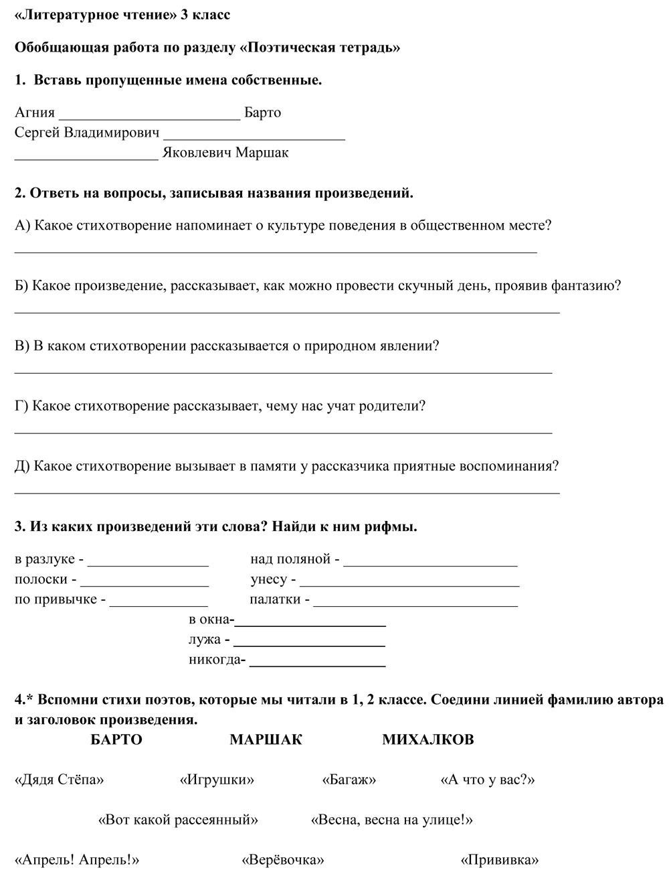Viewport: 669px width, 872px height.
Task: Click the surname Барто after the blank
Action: point(263,113)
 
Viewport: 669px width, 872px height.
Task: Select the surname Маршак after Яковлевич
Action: point(262,153)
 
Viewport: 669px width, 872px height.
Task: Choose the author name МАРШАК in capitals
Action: point(266,740)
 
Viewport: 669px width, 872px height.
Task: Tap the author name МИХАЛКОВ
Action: point(428,740)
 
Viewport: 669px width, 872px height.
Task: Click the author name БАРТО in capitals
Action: point(116,740)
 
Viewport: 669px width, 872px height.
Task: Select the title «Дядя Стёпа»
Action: point(59,780)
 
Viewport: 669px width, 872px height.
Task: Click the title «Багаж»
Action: point(349,780)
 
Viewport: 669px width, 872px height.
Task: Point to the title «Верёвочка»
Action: point(283,860)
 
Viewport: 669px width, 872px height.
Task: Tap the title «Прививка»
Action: point(500,860)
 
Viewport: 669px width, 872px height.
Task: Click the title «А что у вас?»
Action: point(487,780)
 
